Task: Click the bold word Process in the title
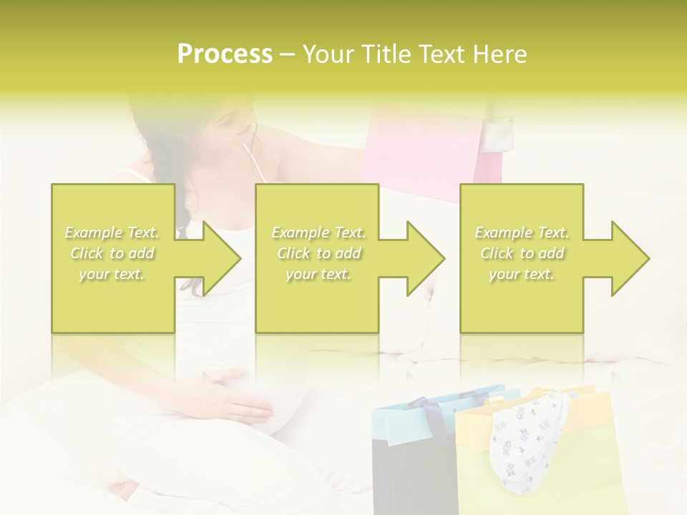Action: pos(225,54)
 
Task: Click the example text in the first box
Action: pos(112,253)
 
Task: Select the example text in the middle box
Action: pos(318,253)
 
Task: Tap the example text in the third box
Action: pos(522,253)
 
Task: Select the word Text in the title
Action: pos(446,54)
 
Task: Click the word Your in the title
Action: pos(329,54)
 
